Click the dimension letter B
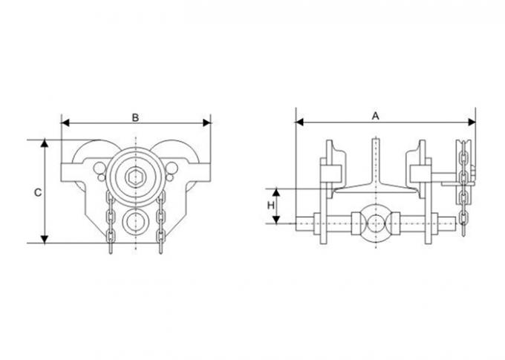click(x=136, y=117)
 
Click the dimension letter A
click(x=376, y=116)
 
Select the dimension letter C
click(x=38, y=192)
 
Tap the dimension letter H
click(x=271, y=205)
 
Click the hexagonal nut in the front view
click(x=135, y=177)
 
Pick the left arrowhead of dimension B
click(x=65, y=122)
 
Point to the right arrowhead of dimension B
click(x=206, y=122)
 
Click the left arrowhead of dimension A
click(x=299, y=122)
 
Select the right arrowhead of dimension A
click(x=472, y=122)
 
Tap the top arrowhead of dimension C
click(x=45, y=143)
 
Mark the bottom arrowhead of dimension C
click(x=45, y=239)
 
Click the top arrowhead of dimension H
click(x=276, y=192)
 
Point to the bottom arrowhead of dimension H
click(x=276, y=220)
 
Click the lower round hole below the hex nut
click(x=136, y=222)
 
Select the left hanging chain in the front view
click(x=110, y=221)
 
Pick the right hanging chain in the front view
click(x=160, y=221)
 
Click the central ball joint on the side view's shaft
click(x=376, y=223)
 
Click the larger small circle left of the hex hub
click(x=100, y=168)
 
